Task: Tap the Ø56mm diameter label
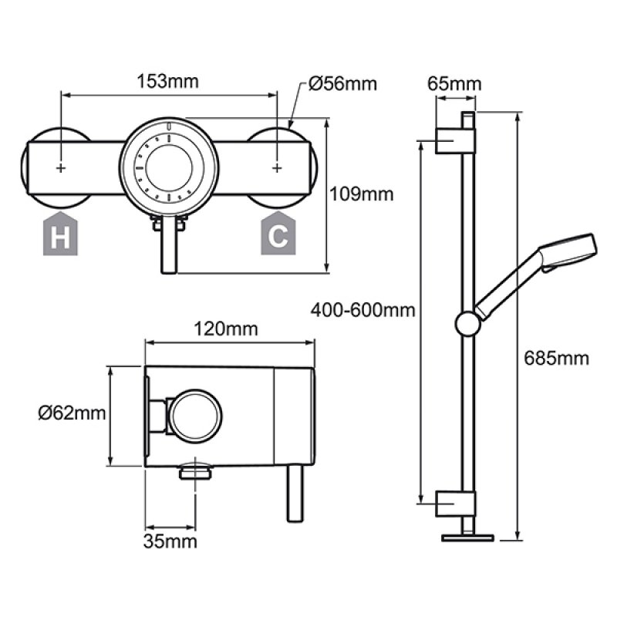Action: (343, 83)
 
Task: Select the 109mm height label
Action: (362, 194)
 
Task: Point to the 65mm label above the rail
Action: (454, 83)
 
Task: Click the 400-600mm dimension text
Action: (363, 311)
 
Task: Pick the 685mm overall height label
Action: (556, 358)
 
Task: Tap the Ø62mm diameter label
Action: (72, 414)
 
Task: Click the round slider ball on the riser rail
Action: (467, 323)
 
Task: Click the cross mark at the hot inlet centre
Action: (61, 167)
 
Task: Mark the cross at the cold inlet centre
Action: (277, 167)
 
